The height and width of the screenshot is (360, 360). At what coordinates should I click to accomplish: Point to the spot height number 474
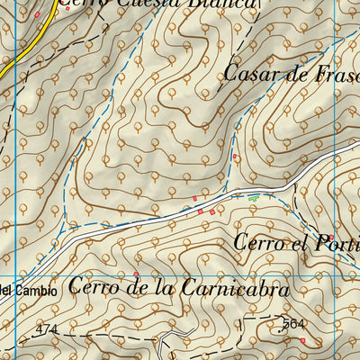click(47, 329)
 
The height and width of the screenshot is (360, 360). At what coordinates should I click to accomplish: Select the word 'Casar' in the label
click(246, 73)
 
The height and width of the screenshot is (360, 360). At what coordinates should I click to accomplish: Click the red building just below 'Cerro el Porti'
click(330, 237)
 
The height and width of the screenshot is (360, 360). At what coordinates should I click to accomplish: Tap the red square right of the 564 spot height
click(303, 340)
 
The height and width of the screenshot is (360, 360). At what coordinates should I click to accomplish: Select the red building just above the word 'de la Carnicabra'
click(136, 274)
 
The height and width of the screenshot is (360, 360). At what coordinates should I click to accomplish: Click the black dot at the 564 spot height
click(281, 330)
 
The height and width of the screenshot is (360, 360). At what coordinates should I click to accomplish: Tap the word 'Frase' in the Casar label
click(333, 74)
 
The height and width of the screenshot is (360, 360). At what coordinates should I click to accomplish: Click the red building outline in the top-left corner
click(37, 14)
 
